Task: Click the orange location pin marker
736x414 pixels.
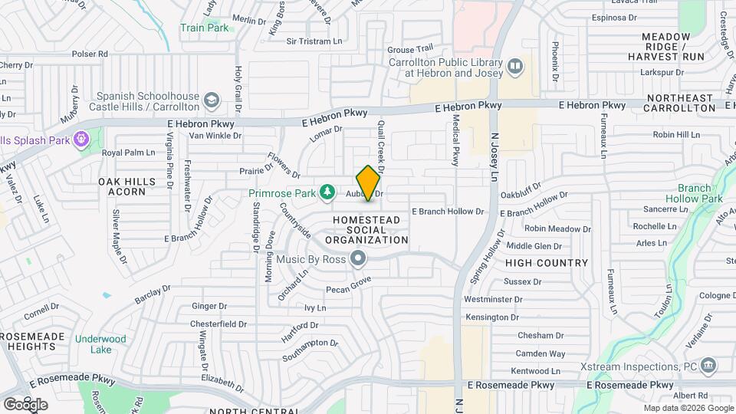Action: tap(368, 183)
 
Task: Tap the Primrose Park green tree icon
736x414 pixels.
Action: tap(327, 191)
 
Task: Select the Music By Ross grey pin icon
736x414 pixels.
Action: tap(357, 259)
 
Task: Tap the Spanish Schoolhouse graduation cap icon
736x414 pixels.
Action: tap(211, 100)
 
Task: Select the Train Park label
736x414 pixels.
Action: tap(204, 28)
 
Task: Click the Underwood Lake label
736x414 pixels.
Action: tap(100, 344)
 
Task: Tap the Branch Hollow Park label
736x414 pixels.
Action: tap(700, 193)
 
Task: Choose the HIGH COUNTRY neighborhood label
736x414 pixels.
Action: tap(547, 263)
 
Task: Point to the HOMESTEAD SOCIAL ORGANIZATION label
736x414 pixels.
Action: tap(366, 230)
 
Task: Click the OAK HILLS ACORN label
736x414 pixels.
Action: tap(122, 186)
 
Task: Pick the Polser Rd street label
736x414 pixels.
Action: tap(90, 54)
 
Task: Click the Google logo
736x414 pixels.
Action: tap(25, 404)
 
